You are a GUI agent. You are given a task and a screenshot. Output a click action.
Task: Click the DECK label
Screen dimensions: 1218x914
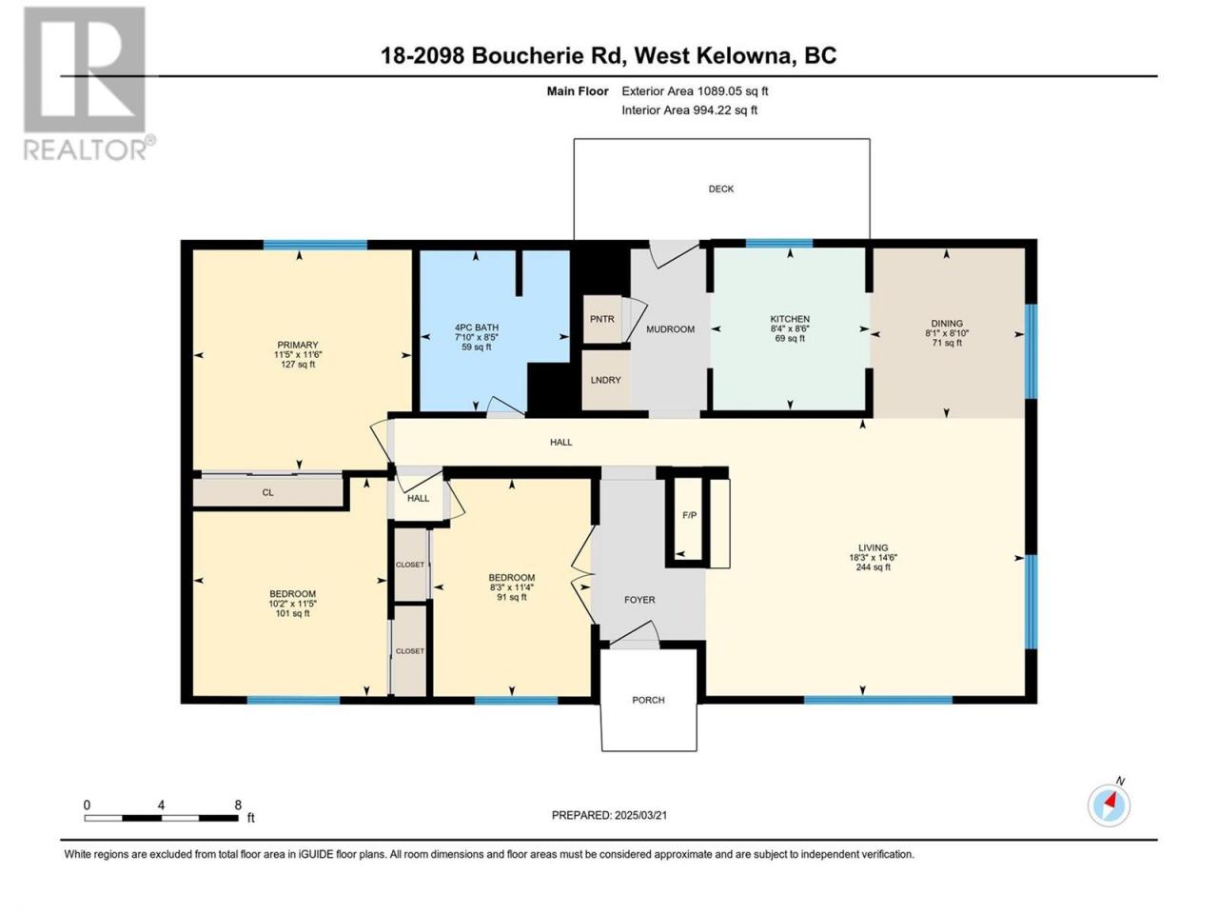(721, 189)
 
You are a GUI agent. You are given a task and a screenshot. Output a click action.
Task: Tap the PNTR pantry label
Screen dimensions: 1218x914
(602, 319)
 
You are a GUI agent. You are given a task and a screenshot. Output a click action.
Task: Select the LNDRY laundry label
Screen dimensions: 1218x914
(605, 380)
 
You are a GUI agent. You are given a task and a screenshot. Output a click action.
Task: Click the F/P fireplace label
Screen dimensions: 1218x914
(689, 515)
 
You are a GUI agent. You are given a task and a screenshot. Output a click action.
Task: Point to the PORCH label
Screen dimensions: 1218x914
(648, 700)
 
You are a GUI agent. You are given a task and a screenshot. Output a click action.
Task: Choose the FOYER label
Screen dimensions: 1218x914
(639, 600)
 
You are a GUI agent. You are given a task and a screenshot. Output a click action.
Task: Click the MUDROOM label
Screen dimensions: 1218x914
(670, 329)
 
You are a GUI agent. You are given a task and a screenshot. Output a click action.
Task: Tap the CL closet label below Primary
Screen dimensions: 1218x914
(267, 492)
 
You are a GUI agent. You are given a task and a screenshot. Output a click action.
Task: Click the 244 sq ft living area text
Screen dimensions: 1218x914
(873, 567)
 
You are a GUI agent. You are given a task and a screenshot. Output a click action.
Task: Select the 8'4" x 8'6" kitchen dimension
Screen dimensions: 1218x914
(790, 328)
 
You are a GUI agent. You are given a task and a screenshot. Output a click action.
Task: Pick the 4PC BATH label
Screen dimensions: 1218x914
(477, 328)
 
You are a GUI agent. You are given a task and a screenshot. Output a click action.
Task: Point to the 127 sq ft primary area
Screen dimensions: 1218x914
(298, 365)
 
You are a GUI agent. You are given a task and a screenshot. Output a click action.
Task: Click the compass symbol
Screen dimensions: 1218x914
(1110, 805)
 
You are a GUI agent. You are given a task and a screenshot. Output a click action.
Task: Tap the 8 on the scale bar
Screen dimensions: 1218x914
(238, 805)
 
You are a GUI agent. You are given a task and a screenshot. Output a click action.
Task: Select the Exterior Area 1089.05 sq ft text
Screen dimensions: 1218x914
(695, 91)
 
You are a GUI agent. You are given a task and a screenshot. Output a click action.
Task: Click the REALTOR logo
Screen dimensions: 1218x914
(88, 84)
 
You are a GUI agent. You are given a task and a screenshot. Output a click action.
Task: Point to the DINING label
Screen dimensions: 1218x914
(947, 323)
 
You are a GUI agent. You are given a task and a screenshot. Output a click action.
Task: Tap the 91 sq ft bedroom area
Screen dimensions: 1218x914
(512, 597)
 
